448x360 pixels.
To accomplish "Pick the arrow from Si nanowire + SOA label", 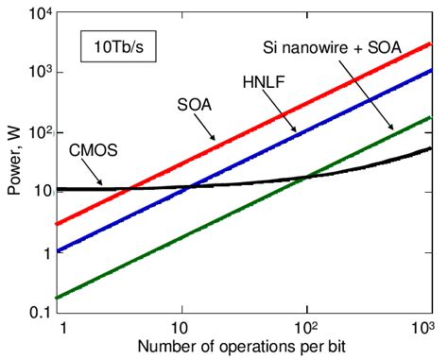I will [372, 105].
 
